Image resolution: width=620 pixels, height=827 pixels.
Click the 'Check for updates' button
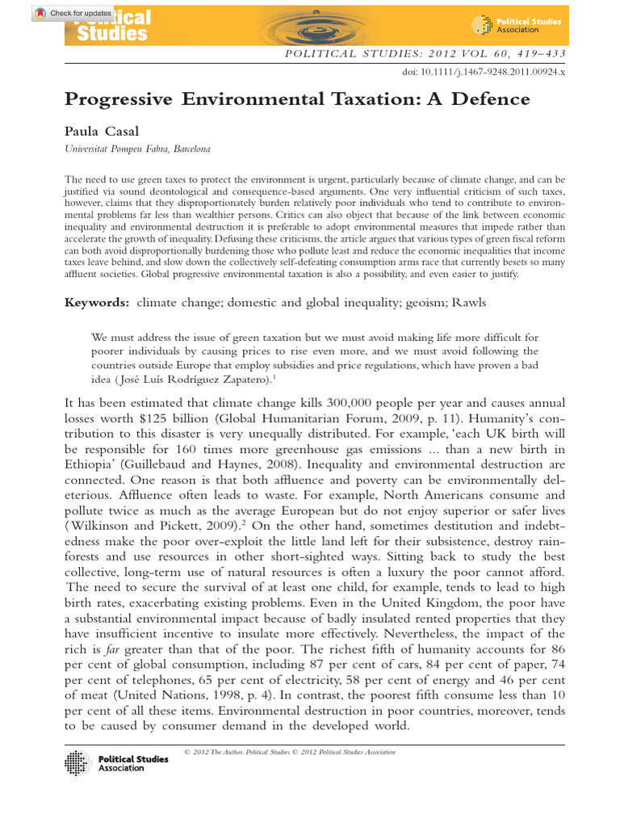pos(73,14)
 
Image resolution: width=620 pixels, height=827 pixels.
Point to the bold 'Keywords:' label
pos(97,302)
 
